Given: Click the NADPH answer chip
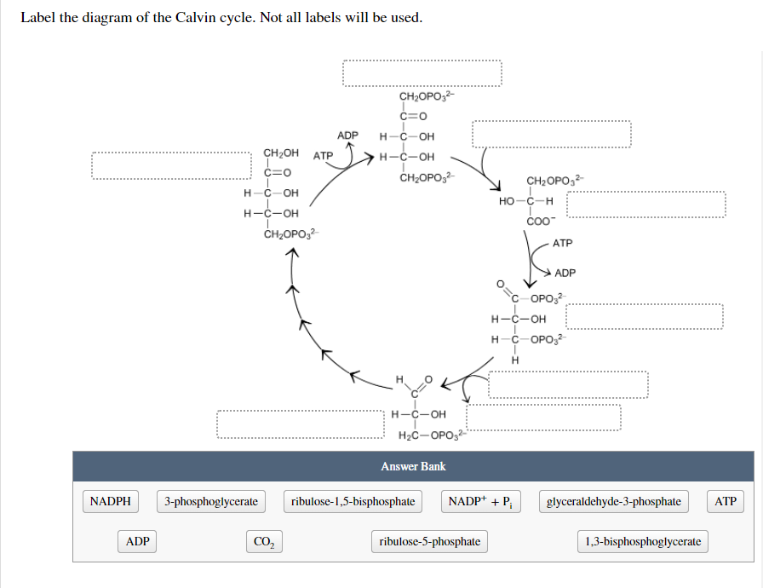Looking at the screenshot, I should pos(111,501).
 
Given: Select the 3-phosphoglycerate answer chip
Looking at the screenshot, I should pos(211,501).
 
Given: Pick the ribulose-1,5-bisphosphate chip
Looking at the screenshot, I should pos(353,501).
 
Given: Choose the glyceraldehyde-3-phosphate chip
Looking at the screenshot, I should pos(613,501).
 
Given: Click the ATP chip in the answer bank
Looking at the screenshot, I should pos(726,501).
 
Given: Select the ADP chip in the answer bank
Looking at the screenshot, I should pos(137,541).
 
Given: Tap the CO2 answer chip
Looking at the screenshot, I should pos(265,541).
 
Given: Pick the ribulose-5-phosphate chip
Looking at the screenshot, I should pos(430,541).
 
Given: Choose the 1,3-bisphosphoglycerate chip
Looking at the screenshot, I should pos(644,541).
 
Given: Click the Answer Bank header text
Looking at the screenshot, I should pos(413,466).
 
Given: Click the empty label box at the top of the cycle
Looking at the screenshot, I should pos(422,73).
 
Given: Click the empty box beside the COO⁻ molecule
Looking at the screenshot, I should pos(645,205).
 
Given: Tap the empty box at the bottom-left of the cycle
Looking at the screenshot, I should pos(300,424).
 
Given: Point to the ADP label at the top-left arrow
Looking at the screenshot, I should pos(348,135).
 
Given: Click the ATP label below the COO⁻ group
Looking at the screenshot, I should pos(563,243).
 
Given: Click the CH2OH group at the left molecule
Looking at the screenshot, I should pos(281,153).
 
